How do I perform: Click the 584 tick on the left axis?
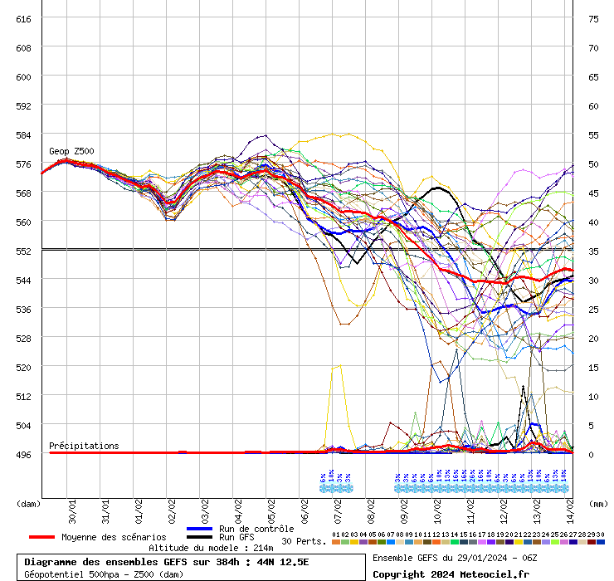point(23,134)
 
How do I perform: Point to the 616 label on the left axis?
point(23,18)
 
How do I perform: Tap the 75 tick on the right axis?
point(593,18)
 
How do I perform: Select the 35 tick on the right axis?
point(593,251)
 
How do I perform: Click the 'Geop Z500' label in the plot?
point(71,151)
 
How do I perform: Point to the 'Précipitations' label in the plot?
point(84,446)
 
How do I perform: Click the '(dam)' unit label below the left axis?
point(28,503)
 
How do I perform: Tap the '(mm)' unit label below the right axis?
point(598,503)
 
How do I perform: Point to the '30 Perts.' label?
point(304,541)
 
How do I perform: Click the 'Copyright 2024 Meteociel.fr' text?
point(445,574)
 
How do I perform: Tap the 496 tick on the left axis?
point(23,454)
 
